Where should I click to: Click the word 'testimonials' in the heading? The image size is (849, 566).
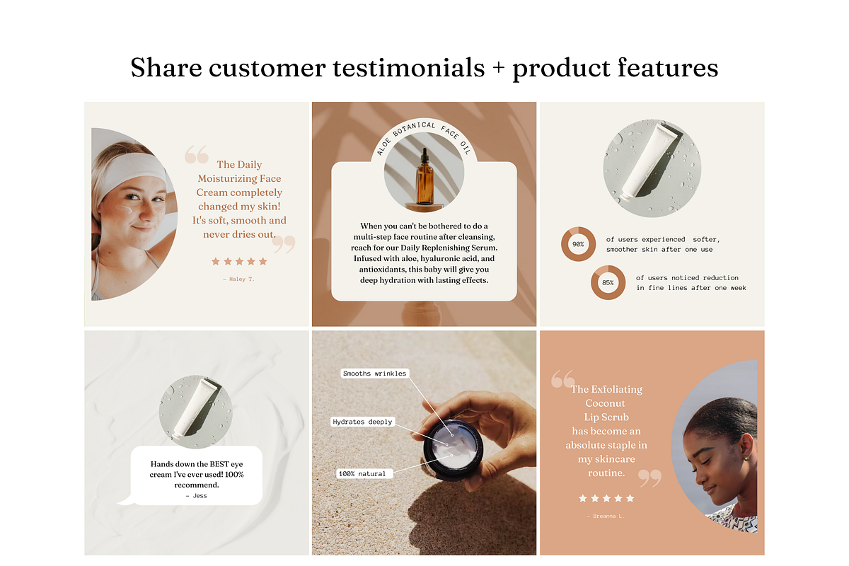tap(409, 68)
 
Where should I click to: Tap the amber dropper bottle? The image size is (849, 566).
tap(424, 176)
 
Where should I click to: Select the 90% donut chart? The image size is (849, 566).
tap(578, 244)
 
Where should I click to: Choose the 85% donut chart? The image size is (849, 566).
tap(608, 282)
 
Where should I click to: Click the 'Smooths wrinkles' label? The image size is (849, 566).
tap(374, 374)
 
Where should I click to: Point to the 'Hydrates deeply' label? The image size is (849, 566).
tap(362, 422)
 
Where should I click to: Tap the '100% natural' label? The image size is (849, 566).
tap(364, 473)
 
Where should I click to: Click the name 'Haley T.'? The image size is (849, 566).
tap(239, 279)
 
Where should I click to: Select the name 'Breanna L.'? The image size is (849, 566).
tap(606, 516)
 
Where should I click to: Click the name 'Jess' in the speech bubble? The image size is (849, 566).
tap(197, 495)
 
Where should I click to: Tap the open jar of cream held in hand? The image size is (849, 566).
tap(453, 450)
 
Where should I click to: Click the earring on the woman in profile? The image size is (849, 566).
tap(745, 458)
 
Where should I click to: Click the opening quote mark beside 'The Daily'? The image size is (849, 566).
tap(197, 154)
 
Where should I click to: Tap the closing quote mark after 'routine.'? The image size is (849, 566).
tap(650, 478)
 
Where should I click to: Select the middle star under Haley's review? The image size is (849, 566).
tap(239, 261)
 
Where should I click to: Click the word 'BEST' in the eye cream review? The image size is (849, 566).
tap(219, 464)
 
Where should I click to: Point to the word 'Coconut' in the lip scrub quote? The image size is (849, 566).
tap(605, 403)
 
